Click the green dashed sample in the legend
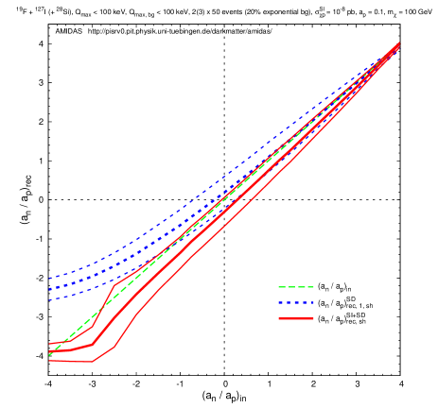tap(295, 287)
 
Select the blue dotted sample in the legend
tap(295, 303)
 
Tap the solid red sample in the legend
tap(295, 319)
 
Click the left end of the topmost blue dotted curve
tap(49, 280)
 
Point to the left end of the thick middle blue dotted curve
tap(49, 289)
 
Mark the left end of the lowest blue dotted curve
tap(49, 300)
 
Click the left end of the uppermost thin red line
tap(49, 344)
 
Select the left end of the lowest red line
tap(49, 361)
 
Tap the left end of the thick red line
tap(49, 351)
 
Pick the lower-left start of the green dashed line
tap(49, 355)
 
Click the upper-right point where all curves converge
tap(398, 43)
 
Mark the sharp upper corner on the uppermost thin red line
tap(115, 283)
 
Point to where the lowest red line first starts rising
tap(93, 361)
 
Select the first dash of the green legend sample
tap(281, 287)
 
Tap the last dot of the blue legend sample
tap(311, 303)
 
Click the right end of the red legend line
tap(313, 319)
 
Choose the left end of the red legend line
tap(278, 319)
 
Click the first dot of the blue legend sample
tap(280, 303)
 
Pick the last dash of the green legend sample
tap(309, 287)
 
